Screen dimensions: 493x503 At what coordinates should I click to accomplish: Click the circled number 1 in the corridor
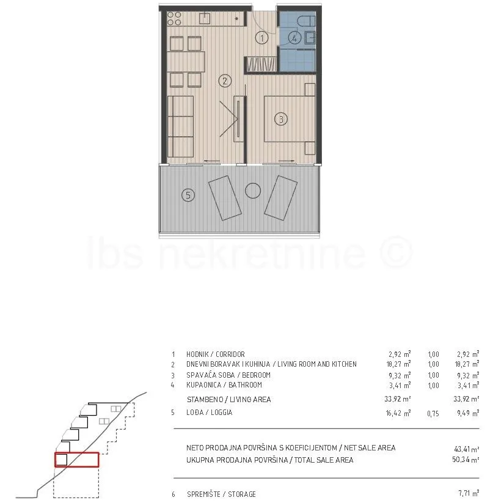pyautogui.click(x=262, y=38)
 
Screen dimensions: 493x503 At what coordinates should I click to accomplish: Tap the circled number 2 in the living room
pyautogui.click(x=225, y=81)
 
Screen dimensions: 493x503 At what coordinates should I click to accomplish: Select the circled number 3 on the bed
pyautogui.click(x=281, y=119)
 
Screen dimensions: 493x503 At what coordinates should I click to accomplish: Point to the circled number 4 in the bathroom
pyautogui.click(x=294, y=38)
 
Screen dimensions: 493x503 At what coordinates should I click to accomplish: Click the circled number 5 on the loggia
pyautogui.click(x=188, y=195)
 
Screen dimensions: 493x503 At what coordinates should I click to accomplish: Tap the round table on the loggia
pyautogui.click(x=253, y=191)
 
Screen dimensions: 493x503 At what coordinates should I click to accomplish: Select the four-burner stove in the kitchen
pyautogui.click(x=174, y=18)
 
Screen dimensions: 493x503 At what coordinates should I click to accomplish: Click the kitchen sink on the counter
pyautogui.click(x=205, y=18)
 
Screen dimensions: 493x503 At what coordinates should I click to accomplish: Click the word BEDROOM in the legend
pyautogui.click(x=256, y=375)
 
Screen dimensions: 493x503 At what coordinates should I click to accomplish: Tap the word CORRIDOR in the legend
pyautogui.click(x=230, y=354)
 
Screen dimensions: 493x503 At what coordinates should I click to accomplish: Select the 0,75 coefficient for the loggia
pyautogui.click(x=433, y=414)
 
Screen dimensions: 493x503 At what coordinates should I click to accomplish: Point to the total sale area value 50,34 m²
pyautogui.click(x=466, y=460)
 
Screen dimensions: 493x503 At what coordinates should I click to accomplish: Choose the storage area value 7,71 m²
pyautogui.click(x=469, y=493)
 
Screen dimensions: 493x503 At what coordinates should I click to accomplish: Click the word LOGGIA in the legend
pyautogui.click(x=222, y=412)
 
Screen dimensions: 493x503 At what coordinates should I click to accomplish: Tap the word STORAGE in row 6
pyautogui.click(x=242, y=494)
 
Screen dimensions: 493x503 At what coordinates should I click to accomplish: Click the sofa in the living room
pyautogui.click(x=180, y=127)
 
